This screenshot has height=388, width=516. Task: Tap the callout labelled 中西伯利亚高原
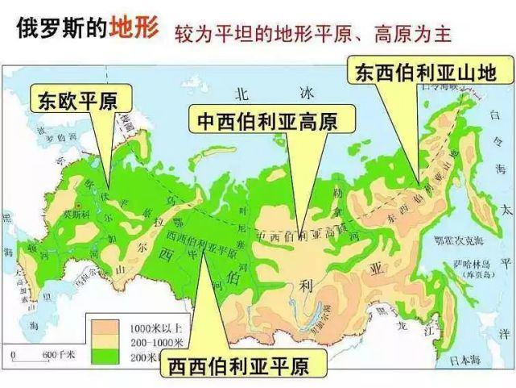pos(262,122)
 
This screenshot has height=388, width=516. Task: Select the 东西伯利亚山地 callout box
pos(426,70)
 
